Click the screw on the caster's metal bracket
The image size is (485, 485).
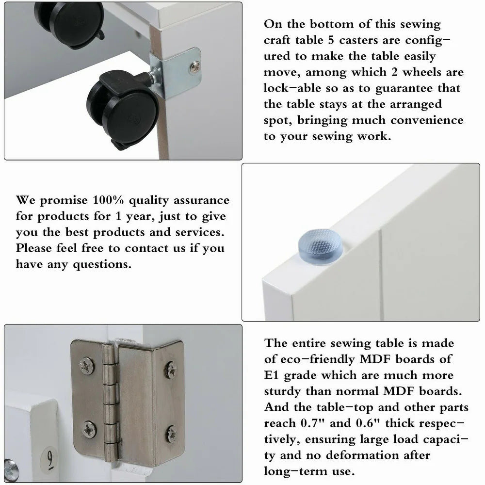point(195,67)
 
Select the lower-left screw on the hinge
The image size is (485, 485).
point(89,429)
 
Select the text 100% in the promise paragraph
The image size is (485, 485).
point(108,200)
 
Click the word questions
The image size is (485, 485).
point(102,264)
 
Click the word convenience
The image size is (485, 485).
point(427,120)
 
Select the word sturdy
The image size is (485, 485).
point(282,391)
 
